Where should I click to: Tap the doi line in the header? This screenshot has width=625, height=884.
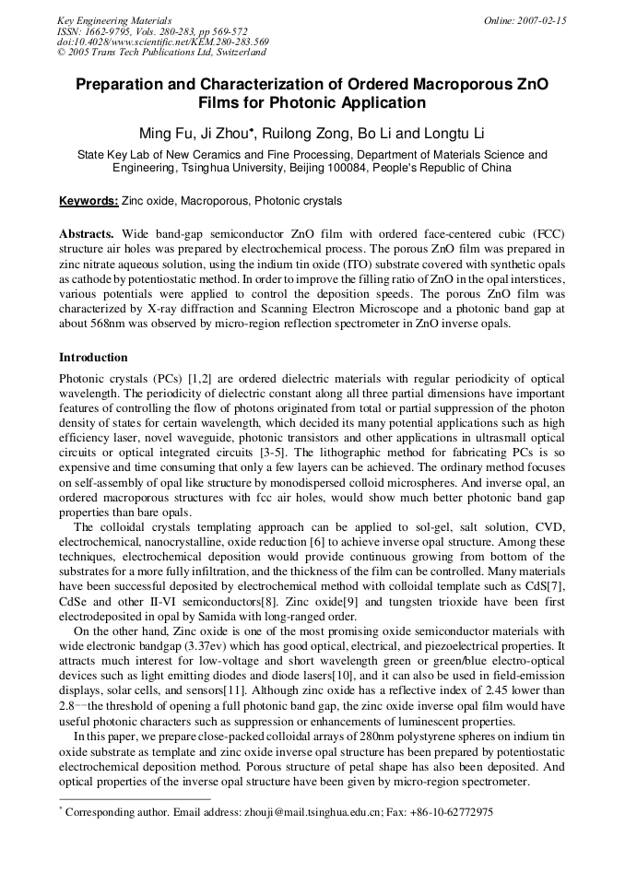(x=163, y=41)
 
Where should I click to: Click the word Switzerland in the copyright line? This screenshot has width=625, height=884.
(x=236, y=53)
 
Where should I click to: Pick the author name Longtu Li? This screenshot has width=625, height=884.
(x=454, y=134)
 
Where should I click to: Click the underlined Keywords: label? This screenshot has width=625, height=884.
(x=88, y=201)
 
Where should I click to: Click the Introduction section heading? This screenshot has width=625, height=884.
(x=93, y=358)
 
